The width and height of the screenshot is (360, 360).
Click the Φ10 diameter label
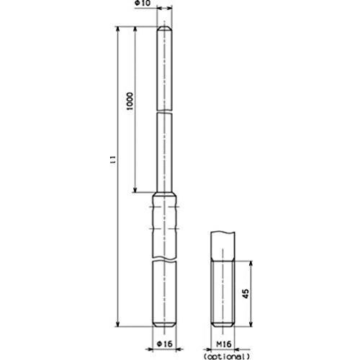(x=143, y=3)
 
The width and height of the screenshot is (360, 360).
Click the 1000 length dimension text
(x=130, y=101)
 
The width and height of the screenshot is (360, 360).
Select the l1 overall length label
(x=114, y=160)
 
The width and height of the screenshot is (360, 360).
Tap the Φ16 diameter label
(x=165, y=344)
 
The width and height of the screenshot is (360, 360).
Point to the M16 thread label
(x=224, y=344)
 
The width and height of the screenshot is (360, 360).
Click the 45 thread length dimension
(x=246, y=294)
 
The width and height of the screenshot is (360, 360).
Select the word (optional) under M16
(x=227, y=356)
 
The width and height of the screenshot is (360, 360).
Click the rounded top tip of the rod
(x=164, y=28)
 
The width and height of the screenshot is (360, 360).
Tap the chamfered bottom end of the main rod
(x=164, y=324)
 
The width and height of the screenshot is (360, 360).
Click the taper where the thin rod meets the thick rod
(x=164, y=194)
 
